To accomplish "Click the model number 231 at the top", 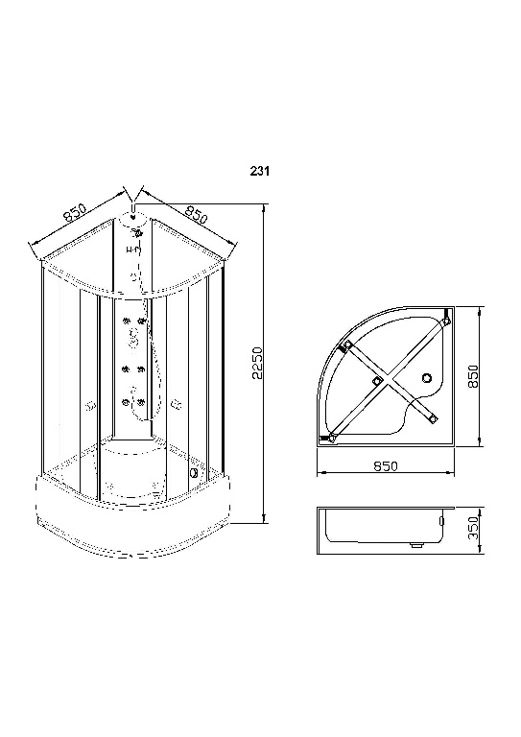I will pos(259,174).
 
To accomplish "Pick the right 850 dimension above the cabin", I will pos(197,213).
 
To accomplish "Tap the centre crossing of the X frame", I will pos(377,383).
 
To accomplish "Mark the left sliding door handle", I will pos(91,406).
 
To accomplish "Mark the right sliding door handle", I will pos(176,406).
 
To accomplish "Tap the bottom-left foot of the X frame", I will pos(332,439).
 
